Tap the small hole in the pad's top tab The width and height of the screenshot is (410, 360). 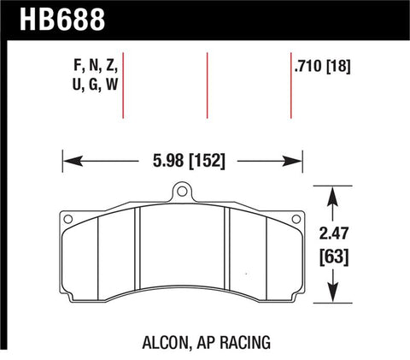coord(181,194)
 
